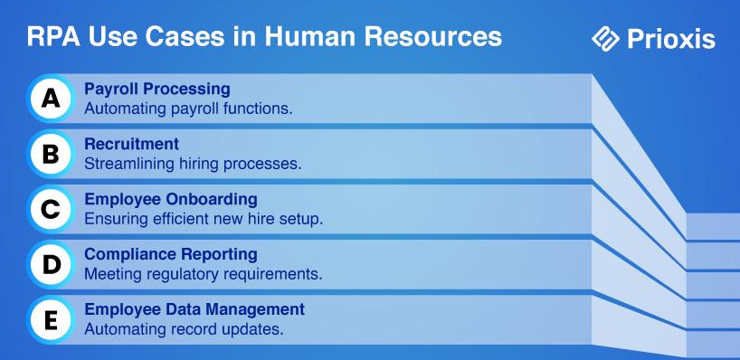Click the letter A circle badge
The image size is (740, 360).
click(51, 99)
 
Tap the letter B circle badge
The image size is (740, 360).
click(51, 155)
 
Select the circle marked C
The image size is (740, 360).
click(51, 210)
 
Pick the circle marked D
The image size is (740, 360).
click(51, 265)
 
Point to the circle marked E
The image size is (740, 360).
click(51, 320)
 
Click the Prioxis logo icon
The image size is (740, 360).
click(605, 38)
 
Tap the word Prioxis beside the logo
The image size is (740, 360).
click(671, 39)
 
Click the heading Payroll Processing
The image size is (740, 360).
click(157, 90)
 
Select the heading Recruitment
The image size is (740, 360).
click(132, 144)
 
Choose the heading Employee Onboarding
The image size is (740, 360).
click(171, 200)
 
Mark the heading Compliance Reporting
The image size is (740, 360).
click(171, 255)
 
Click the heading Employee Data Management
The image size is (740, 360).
click(194, 309)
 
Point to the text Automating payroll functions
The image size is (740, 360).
click(188, 109)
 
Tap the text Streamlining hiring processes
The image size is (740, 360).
click(193, 165)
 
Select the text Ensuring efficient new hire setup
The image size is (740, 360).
click(204, 220)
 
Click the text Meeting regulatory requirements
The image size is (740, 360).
click(204, 275)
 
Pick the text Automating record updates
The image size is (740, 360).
click(184, 329)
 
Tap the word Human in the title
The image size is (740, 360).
click(309, 37)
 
